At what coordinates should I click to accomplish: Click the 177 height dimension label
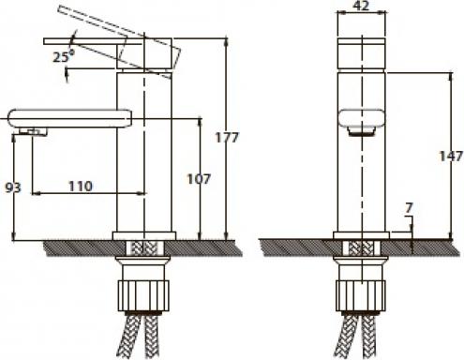[x=227, y=137]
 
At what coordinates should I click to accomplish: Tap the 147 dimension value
[x=451, y=156]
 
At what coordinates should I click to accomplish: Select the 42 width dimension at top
[x=362, y=6]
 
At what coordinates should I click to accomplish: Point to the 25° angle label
[x=64, y=56]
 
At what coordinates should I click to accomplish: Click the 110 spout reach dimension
[x=81, y=187]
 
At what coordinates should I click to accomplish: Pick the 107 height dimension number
[x=199, y=179]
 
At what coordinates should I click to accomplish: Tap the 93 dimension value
[x=13, y=187]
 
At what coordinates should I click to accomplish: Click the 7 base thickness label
[x=409, y=208]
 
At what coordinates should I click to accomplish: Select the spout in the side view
[x=69, y=119]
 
